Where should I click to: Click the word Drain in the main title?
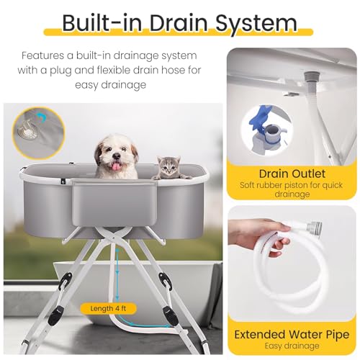tap(179, 23)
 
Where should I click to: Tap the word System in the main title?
tap(256, 23)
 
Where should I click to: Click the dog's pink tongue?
tap(117, 166)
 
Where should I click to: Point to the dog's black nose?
tap(117, 157)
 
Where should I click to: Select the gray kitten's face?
tap(169, 167)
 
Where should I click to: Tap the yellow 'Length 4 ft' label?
tap(108, 308)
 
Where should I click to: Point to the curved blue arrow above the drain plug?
tap(42, 117)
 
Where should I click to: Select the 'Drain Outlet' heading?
tap(292, 174)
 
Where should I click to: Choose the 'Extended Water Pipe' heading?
tap(292, 335)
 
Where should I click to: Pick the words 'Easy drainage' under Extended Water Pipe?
tap(292, 346)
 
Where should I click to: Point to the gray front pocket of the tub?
tap(115, 204)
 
